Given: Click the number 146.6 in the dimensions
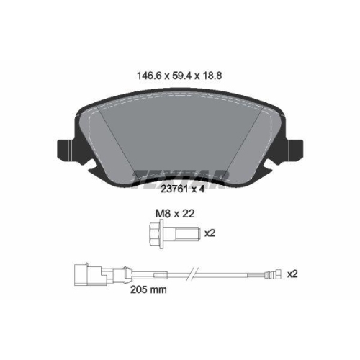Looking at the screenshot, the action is coord(148,76).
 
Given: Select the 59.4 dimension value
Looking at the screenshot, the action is coord(181,76).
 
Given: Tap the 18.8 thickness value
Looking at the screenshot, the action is coord(212,76).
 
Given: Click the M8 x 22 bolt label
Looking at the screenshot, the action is coord(175,214).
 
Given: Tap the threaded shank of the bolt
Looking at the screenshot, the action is coord(188,233).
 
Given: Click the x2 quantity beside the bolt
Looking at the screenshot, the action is coord(210,233).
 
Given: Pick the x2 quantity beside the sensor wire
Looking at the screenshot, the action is coord(292,274).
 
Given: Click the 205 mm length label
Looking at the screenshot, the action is coord(148,289).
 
